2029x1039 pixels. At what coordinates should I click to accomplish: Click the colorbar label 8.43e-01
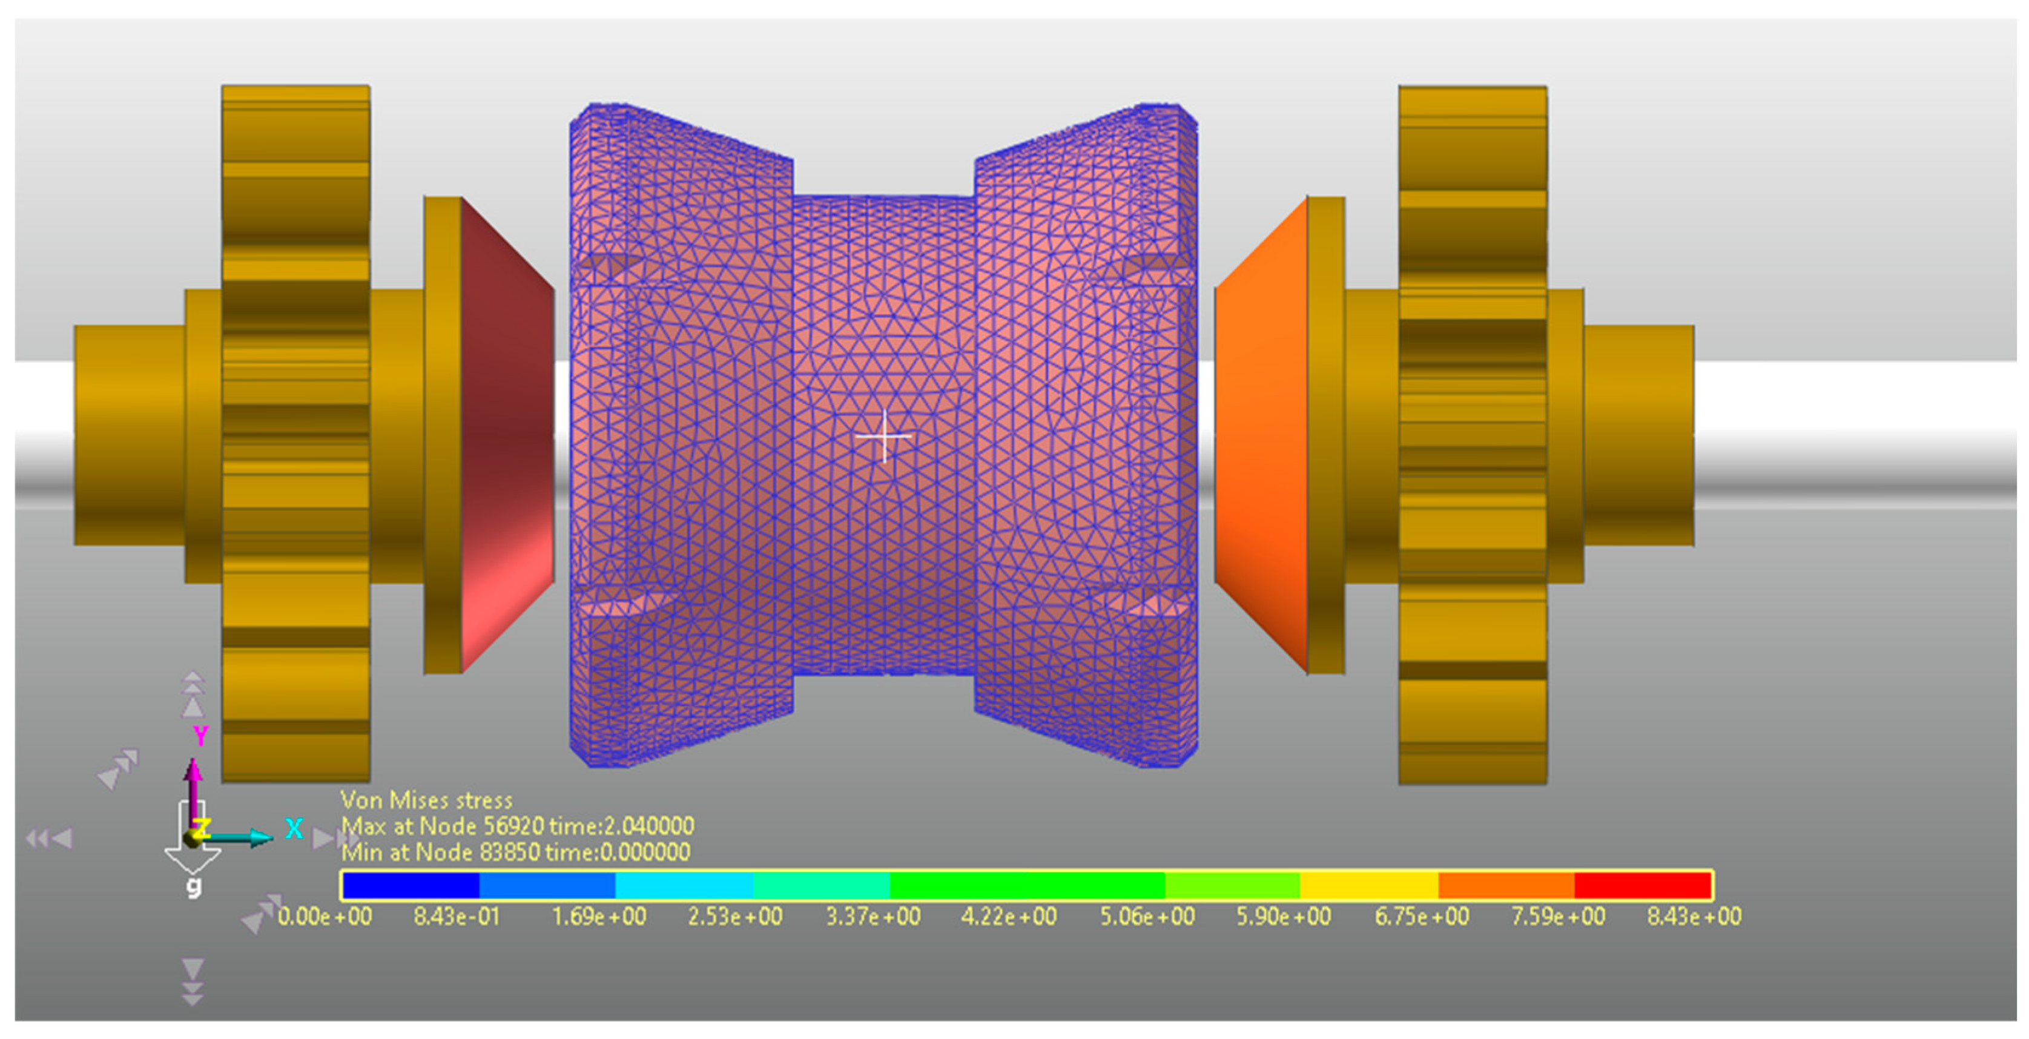[457, 916]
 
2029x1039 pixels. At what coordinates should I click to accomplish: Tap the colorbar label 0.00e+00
[325, 916]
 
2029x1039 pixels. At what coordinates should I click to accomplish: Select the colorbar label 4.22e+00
[1008, 916]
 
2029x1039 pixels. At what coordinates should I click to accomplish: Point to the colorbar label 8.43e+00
[1694, 916]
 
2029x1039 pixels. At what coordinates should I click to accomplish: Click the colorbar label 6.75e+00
[1422, 916]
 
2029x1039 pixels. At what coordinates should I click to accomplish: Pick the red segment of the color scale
[1642, 885]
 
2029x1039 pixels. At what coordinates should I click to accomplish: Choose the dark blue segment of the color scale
[411, 885]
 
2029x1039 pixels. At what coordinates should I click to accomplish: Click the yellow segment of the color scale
[1369, 885]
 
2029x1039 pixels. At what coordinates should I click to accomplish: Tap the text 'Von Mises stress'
[426, 800]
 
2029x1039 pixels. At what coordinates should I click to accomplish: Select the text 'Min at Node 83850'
[440, 853]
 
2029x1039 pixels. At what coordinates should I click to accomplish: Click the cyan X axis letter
[294, 829]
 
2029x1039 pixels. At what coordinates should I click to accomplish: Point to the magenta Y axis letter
[201, 736]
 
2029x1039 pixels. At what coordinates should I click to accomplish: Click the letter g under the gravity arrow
[194, 887]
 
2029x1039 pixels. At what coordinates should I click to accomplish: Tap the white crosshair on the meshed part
[885, 435]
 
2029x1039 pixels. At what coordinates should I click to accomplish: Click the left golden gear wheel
[295, 434]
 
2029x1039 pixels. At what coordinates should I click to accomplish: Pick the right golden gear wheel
[1472, 434]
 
